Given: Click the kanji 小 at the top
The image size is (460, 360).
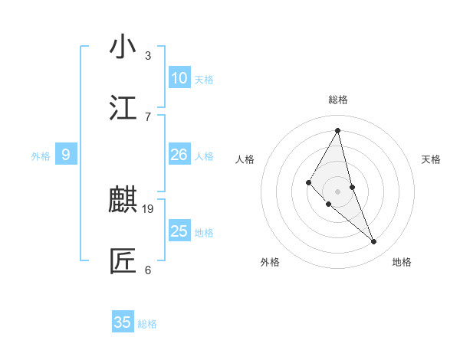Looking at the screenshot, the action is (x=123, y=47).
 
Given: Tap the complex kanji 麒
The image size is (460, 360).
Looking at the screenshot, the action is (x=123, y=201).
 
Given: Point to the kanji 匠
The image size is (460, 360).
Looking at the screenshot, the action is (x=123, y=261).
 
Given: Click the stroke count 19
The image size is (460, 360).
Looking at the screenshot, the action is (x=148, y=208).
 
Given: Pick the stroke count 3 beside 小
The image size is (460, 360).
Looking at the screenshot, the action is (x=148, y=56).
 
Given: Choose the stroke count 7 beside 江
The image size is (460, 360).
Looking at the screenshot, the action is (x=148, y=116).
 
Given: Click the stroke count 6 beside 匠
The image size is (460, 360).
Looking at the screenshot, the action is (x=148, y=270).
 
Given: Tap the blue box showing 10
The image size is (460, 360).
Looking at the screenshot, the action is (x=179, y=78).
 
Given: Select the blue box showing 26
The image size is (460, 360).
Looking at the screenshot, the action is (x=179, y=155).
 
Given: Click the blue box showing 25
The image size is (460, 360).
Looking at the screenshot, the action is (x=179, y=231).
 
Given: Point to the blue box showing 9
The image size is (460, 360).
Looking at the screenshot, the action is (x=66, y=155).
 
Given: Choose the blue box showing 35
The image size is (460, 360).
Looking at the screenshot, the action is (x=123, y=322).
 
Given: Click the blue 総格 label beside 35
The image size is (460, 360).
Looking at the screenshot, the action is (x=147, y=324).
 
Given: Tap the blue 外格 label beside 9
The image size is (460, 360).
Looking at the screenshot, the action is (x=41, y=156).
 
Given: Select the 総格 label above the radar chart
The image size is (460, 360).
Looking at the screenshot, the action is (x=338, y=100).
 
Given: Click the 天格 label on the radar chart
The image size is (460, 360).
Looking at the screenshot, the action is (x=432, y=159).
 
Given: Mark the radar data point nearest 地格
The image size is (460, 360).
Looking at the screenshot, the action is (x=374, y=242).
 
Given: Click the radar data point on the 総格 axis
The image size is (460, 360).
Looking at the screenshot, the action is (x=337, y=130).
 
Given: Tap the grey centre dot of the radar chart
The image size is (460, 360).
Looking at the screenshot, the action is (x=337, y=191).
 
